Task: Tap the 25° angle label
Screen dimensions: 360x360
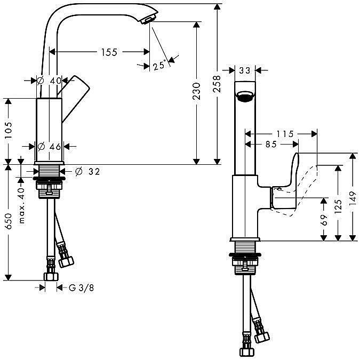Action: pyautogui.click(x=158, y=66)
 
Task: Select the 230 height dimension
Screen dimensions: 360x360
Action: pyautogui.click(x=196, y=91)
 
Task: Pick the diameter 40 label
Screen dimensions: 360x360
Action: pyautogui.click(x=50, y=81)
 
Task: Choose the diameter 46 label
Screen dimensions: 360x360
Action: pyautogui.click(x=50, y=146)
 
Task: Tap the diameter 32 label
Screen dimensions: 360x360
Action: pyautogui.click(x=87, y=171)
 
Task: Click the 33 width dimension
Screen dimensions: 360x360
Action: pyautogui.click(x=245, y=70)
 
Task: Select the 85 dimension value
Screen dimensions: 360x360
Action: pyautogui.click(x=271, y=143)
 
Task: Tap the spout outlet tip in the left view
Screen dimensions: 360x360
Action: pyautogui.click(x=146, y=20)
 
